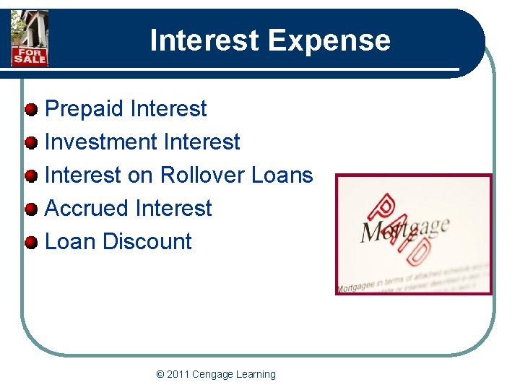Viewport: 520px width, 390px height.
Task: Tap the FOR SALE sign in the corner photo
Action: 29,55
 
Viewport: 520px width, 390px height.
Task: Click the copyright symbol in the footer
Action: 160,374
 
